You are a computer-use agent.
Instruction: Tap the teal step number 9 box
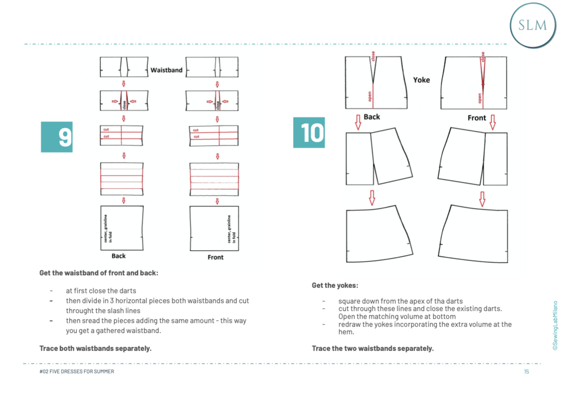[x=57, y=136]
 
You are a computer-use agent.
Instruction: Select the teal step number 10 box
[x=309, y=132]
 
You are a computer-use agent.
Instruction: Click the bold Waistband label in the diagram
[x=166, y=70]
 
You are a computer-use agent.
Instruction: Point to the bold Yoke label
[x=421, y=80]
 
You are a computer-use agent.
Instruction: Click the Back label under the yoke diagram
[x=372, y=116]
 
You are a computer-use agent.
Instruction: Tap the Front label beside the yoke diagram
[x=477, y=118]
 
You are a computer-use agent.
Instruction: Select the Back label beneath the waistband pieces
[x=119, y=256]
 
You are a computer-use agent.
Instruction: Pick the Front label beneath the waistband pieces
[x=216, y=257]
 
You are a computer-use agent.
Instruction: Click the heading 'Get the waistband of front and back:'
[x=99, y=273]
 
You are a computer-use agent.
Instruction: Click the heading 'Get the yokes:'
[x=335, y=285]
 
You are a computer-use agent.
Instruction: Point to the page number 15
[x=526, y=371]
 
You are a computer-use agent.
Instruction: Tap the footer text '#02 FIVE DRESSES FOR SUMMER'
[x=74, y=371]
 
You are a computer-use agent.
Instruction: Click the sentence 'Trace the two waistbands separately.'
[x=373, y=348]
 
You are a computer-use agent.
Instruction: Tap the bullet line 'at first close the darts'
[x=101, y=291]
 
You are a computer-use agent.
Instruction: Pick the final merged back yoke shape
[x=377, y=235]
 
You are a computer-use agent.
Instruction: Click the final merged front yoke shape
[x=474, y=235]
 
